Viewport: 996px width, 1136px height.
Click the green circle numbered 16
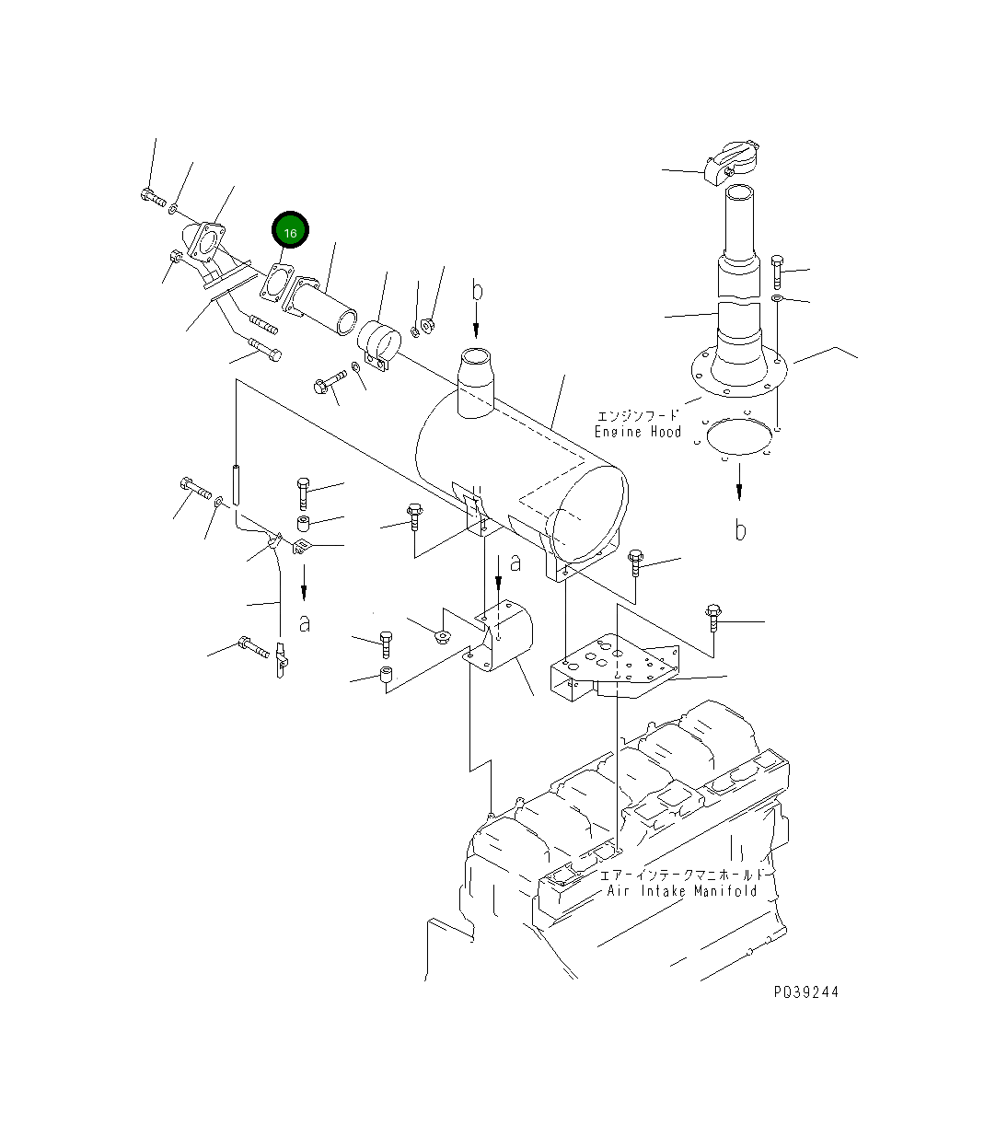(290, 233)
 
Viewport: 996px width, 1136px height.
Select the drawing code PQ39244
(805, 991)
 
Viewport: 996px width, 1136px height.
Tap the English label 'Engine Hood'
(638, 432)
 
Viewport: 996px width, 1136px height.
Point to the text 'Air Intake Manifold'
(682, 890)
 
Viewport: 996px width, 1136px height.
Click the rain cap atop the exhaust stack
(729, 164)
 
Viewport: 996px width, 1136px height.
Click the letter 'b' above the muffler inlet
(476, 293)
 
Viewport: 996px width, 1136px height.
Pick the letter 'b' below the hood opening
(739, 530)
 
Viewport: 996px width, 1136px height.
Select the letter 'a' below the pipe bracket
(305, 622)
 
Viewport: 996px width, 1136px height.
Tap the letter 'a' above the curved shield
(515, 562)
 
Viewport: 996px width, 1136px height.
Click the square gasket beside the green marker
(276, 283)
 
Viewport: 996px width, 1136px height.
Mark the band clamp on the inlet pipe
(376, 344)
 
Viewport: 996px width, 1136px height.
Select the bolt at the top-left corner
(152, 195)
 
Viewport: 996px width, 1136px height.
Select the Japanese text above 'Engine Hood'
(638, 416)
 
